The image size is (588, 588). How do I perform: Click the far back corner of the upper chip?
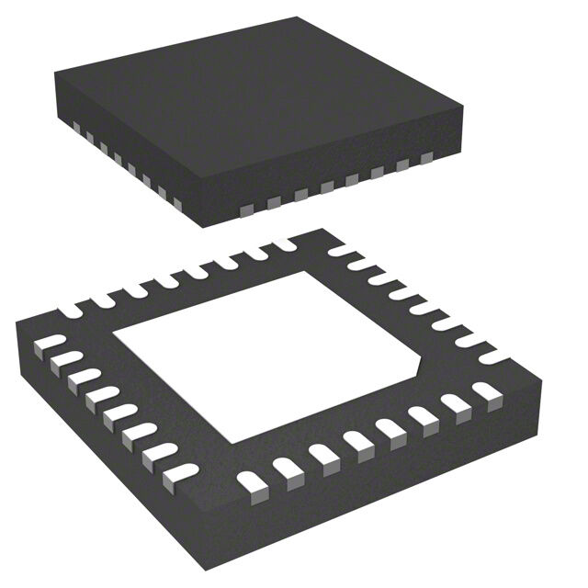[297, 16]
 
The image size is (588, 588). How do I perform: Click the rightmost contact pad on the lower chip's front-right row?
[484, 392]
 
